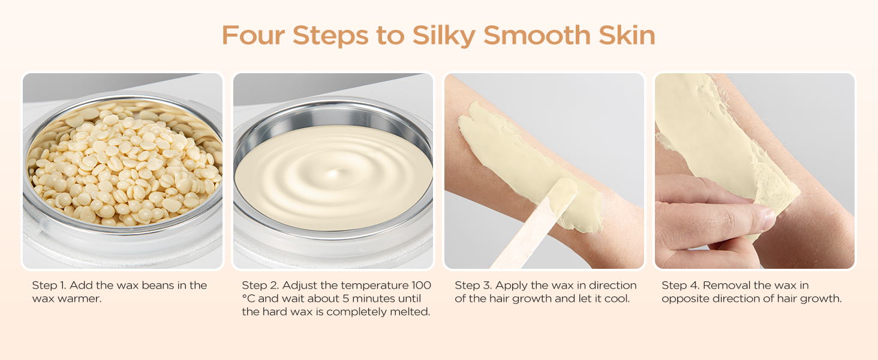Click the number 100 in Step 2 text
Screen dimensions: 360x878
click(421, 286)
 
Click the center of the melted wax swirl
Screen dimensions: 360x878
click(333, 174)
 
